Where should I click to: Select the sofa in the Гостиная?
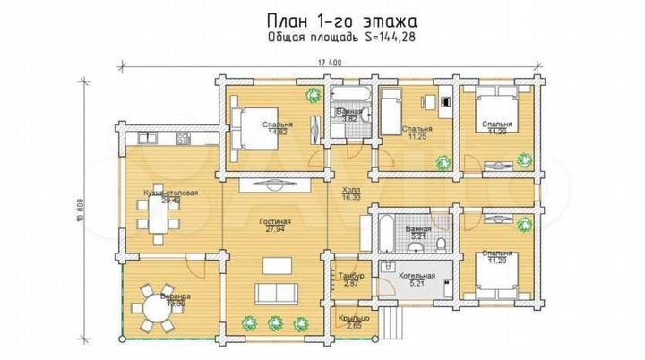coord(275,293)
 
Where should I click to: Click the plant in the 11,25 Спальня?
coord(442,160)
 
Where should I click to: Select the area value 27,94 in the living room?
coord(274,230)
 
